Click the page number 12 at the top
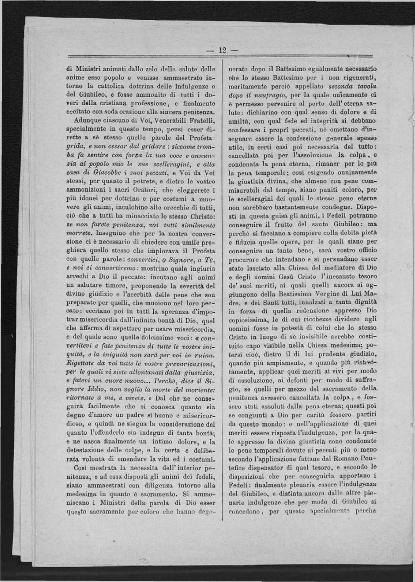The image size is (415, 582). pos(222,50)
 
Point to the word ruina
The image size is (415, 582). pos(203,356)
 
